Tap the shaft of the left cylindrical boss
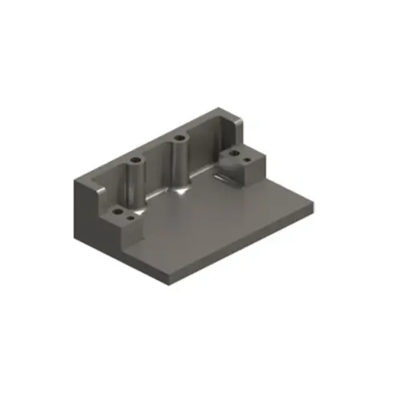click(x=132, y=184)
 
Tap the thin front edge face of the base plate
click(x=241, y=245)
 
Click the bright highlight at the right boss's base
click(x=180, y=192)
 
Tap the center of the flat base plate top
click(x=217, y=221)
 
